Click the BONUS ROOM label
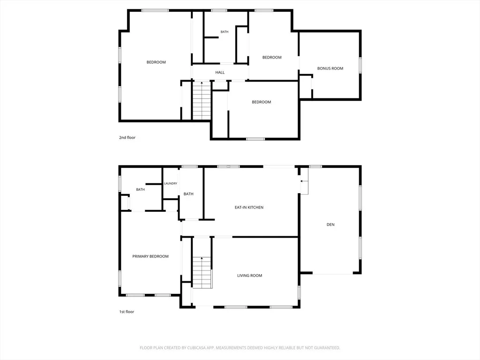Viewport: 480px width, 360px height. coord(330,68)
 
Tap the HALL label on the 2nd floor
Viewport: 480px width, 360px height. coord(220,72)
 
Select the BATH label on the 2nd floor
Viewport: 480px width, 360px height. coord(225,32)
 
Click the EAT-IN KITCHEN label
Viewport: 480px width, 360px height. coord(249,207)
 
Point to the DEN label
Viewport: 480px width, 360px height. coord(330,225)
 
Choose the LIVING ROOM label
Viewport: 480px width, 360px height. coord(249,276)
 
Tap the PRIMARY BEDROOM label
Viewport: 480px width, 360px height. coord(150,256)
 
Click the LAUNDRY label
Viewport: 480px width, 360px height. coord(171,183)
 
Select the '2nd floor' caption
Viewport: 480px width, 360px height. coord(127,137)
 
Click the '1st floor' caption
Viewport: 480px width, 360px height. coord(127,312)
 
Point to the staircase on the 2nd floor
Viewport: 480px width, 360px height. coord(202,100)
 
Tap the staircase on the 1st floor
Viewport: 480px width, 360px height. coord(202,273)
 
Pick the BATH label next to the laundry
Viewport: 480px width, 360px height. coord(188,194)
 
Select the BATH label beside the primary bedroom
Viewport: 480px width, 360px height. coord(140,189)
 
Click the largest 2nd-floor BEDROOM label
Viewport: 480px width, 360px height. coord(156,62)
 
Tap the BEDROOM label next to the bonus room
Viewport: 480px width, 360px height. coord(272,57)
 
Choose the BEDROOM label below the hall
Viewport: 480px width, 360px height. coord(262,102)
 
